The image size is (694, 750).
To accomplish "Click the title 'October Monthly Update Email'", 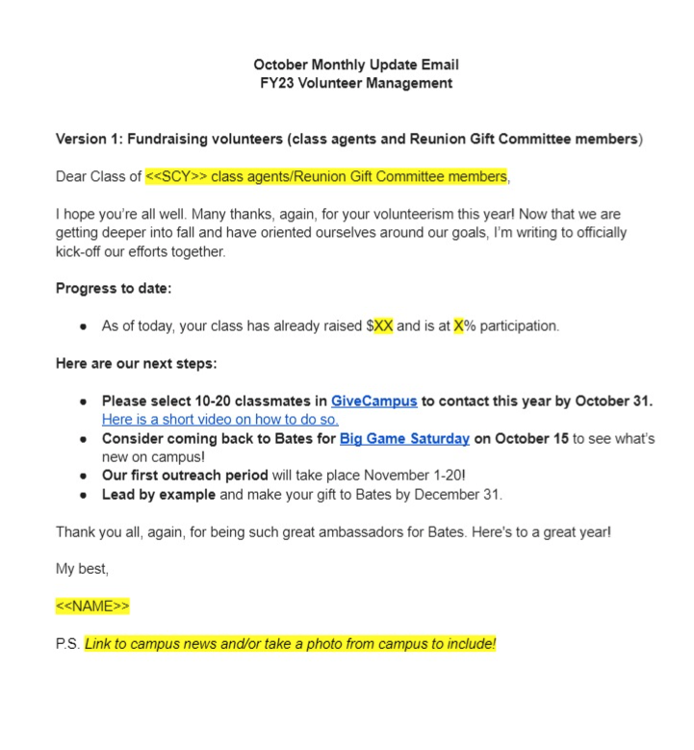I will pyautogui.click(x=356, y=65).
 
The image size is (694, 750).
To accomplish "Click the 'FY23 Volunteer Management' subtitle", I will pyautogui.click(x=356, y=83).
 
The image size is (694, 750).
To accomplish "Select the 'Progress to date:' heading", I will pyautogui.click(x=114, y=288).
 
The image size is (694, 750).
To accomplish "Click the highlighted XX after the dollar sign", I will pyautogui.click(x=383, y=326).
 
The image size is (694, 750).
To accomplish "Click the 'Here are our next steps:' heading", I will pyautogui.click(x=136, y=364).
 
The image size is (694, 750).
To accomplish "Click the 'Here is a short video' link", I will pyautogui.click(x=220, y=420).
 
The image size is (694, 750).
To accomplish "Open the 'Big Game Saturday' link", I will pyautogui.click(x=404, y=439).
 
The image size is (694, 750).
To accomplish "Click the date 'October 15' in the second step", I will pyautogui.click(x=532, y=439).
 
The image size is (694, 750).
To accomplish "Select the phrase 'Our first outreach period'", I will pyautogui.click(x=184, y=477).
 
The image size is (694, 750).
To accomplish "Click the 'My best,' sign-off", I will pyautogui.click(x=82, y=569).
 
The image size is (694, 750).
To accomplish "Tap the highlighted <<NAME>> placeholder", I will pyautogui.click(x=92, y=607).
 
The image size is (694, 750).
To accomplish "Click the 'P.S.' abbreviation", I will pyautogui.click(x=67, y=644).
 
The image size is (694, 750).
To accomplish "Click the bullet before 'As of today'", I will pyautogui.click(x=85, y=326).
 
